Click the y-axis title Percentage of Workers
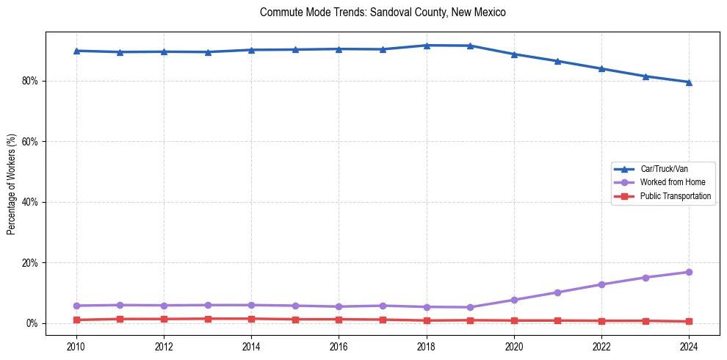(x=11, y=184)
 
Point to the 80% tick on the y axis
(x=30, y=81)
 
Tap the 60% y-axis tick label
(x=30, y=141)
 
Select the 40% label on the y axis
(x=30, y=202)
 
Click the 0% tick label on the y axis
(x=32, y=323)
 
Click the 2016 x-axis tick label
(x=339, y=345)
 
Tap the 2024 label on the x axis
(x=689, y=345)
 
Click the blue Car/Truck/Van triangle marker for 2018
(x=427, y=46)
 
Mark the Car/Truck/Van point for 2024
(x=689, y=82)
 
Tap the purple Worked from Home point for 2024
(x=689, y=272)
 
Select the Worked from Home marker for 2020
(x=514, y=300)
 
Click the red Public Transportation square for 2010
(x=76, y=320)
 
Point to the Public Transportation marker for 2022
(x=601, y=321)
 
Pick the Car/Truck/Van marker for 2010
(x=76, y=51)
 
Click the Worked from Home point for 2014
(x=251, y=305)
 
